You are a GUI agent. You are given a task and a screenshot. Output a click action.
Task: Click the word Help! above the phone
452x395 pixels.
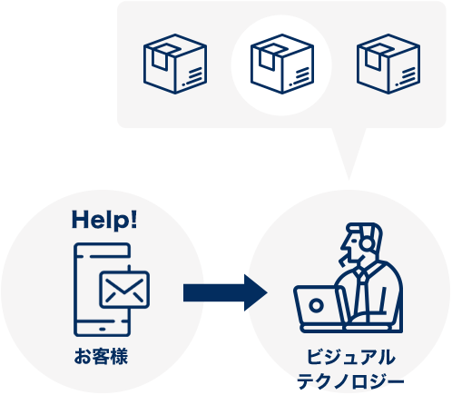(x=104, y=221)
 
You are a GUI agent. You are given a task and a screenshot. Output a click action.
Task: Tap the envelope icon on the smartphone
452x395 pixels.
(x=124, y=290)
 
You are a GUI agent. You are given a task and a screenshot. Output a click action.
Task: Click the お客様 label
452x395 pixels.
(x=101, y=356)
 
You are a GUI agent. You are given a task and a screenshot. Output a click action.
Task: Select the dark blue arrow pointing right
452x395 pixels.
(x=225, y=292)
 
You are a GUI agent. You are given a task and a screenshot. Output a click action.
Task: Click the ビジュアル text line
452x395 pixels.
(x=350, y=357)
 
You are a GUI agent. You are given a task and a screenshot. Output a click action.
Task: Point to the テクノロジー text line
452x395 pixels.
(x=350, y=380)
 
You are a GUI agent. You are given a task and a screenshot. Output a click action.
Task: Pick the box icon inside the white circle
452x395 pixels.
(x=282, y=64)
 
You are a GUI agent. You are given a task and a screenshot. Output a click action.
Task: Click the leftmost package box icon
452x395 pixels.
(x=175, y=64)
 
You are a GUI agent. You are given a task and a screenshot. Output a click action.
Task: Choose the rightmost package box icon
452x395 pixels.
(x=388, y=64)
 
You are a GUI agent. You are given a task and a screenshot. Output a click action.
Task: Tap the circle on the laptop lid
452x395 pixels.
(x=316, y=305)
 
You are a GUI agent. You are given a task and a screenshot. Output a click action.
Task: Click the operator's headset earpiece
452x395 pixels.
(x=367, y=243)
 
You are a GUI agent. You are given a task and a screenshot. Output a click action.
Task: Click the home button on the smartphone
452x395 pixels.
(x=103, y=329)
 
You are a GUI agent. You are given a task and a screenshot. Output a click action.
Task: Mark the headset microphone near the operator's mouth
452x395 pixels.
(x=343, y=261)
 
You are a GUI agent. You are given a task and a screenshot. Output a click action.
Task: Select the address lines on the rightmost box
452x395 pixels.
(x=407, y=76)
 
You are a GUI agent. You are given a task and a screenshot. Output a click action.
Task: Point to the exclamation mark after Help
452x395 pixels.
(x=133, y=220)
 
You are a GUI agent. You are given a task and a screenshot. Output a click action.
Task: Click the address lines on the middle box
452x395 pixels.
(x=300, y=76)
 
